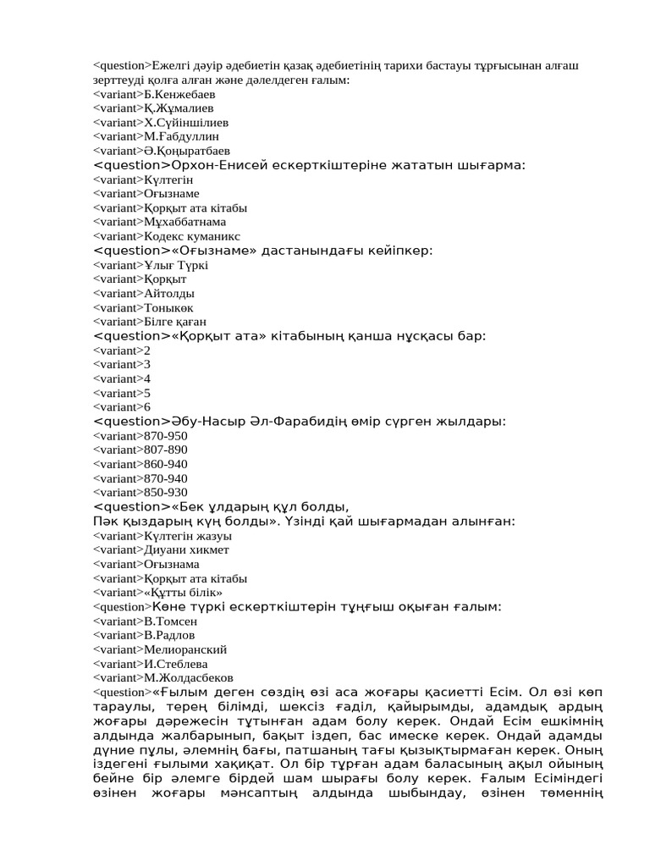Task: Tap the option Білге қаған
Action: click(x=175, y=322)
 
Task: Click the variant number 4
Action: click(x=147, y=378)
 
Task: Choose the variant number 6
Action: click(x=147, y=407)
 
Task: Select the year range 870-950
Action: click(x=166, y=436)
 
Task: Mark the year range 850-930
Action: click(x=166, y=493)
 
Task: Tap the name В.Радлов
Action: click(x=169, y=635)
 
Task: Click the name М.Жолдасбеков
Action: click(x=188, y=677)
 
